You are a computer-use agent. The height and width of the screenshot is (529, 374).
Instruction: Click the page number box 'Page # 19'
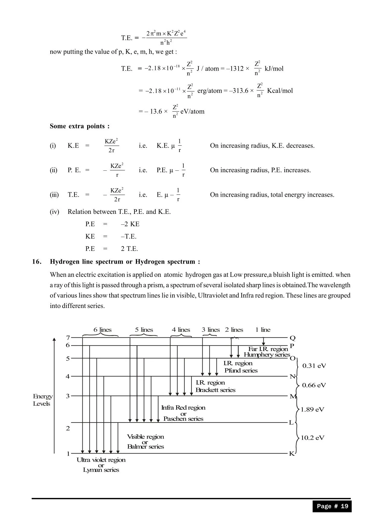(x=332, y=506)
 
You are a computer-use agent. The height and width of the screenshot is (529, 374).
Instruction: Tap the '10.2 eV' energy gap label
(x=312, y=438)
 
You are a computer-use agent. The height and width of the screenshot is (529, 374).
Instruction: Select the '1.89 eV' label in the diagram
(x=312, y=409)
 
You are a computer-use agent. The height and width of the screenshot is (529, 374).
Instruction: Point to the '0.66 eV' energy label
(x=314, y=385)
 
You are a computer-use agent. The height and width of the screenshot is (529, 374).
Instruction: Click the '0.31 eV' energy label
(x=314, y=366)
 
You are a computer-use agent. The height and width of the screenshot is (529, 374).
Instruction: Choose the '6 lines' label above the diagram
(x=102, y=330)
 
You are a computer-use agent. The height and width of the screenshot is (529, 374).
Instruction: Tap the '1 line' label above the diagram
(x=263, y=330)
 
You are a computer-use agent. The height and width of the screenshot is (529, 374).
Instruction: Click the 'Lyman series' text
(x=101, y=470)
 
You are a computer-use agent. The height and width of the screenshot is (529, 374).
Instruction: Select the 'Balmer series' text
(x=145, y=447)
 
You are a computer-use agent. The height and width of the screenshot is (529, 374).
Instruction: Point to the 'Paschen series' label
(x=183, y=419)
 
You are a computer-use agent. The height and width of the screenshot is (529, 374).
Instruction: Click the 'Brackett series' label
(x=215, y=390)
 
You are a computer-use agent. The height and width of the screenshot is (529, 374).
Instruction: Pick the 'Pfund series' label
(x=241, y=371)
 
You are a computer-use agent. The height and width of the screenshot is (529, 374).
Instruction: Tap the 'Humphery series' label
(x=267, y=355)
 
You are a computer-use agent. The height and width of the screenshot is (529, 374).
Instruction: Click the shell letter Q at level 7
(x=293, y=338)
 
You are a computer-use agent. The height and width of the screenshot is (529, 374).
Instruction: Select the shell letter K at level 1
(x=292, y=454)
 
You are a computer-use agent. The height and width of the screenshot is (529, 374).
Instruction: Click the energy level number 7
(x=68, y=337)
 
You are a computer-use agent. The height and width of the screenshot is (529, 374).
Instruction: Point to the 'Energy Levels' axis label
(x=43, y=400)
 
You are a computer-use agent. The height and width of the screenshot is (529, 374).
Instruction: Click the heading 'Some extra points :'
(x=80, y=126)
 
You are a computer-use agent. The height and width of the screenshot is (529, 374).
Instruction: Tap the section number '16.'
(x=37, y=261)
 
